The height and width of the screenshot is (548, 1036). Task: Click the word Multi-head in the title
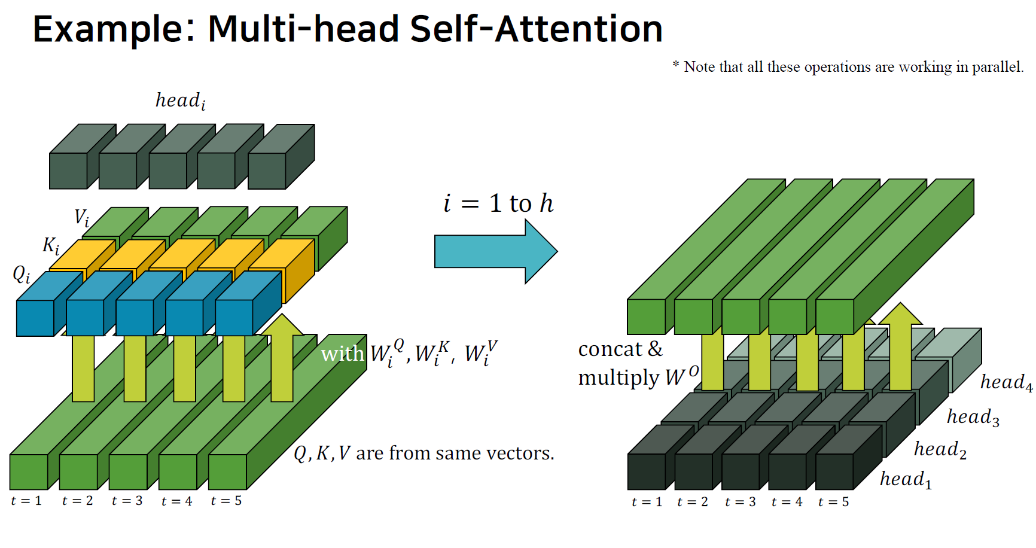(303, 29)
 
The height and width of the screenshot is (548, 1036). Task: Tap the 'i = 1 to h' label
(498, 203)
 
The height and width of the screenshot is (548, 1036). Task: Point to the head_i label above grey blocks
(180, 101)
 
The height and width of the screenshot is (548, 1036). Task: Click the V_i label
(81, 218)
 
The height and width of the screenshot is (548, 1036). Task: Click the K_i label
(51, 245)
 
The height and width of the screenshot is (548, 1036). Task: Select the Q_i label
(21, 275)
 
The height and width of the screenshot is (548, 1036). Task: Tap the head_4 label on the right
(1006, 382)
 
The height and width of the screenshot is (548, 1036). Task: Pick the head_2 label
(940, 449)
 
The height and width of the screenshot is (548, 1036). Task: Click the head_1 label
(906, 479)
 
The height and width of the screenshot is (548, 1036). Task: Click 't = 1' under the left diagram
(26, 501)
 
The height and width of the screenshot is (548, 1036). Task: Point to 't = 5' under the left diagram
(226, 501)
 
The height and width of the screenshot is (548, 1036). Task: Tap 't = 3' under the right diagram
(740, 502)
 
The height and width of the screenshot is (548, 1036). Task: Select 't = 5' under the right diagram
(833, 502)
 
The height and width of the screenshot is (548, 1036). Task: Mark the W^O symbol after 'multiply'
(681, 376)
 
